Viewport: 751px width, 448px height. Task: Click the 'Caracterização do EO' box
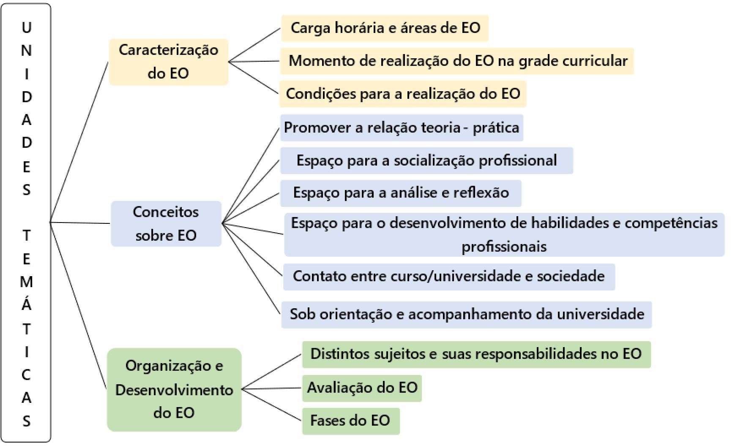tap(168, 62)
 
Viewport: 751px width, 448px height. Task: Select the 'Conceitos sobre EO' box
tap(166, 223)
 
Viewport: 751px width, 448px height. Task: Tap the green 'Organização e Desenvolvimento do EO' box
tap(174, 389)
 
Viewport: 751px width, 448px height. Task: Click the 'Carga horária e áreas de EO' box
tap(385, 28)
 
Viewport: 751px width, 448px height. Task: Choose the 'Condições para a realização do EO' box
tap(402, 93)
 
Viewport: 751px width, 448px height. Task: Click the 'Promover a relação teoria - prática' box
tap(401, 127)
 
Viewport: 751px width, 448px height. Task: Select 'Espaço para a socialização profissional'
tap(426, 160)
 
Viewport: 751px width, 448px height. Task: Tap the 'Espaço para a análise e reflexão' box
tap(401, 193)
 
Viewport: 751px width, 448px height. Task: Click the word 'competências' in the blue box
tap(671, 223)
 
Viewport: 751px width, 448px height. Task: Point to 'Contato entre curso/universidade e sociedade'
tap(448, 276)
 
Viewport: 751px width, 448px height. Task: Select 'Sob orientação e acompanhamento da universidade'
tap(467, 314)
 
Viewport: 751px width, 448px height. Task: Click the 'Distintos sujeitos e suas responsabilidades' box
tap(476, 354)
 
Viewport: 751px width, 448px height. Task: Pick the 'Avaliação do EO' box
tap(362, 388)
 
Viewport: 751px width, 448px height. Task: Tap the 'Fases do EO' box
tap(350, 421)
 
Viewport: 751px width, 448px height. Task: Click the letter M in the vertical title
tap(26, 282)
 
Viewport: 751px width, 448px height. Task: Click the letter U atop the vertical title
tap(26, 28)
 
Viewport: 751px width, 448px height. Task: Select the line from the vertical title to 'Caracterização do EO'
tap(79, 142)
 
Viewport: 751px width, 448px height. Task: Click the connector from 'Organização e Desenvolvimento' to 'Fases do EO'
tap(272, 405)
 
